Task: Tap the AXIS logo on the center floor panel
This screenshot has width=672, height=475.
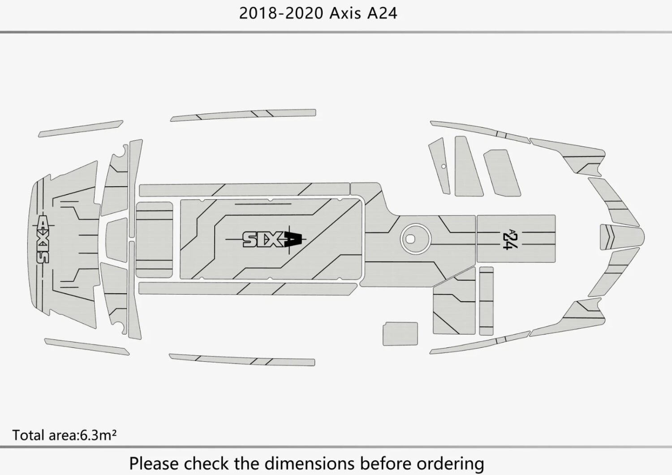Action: point(272,240)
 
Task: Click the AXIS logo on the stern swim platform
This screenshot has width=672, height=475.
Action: point(43,240)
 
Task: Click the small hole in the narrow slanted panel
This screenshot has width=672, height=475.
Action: point(444,166)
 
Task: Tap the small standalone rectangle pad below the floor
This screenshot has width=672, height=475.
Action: point(400,334)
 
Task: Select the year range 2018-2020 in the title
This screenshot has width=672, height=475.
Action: point(281,13)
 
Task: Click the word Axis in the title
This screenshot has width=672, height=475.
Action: point(345,13)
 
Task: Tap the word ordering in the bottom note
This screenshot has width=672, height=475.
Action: point(451,463)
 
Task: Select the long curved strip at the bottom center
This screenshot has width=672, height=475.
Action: point(242,359)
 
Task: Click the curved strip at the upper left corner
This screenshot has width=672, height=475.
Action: point(81,128)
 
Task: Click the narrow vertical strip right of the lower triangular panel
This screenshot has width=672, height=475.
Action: point(486,301)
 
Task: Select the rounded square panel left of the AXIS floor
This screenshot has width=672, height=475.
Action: point(154,240)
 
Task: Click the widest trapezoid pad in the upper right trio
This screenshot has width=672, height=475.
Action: point(502,173)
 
